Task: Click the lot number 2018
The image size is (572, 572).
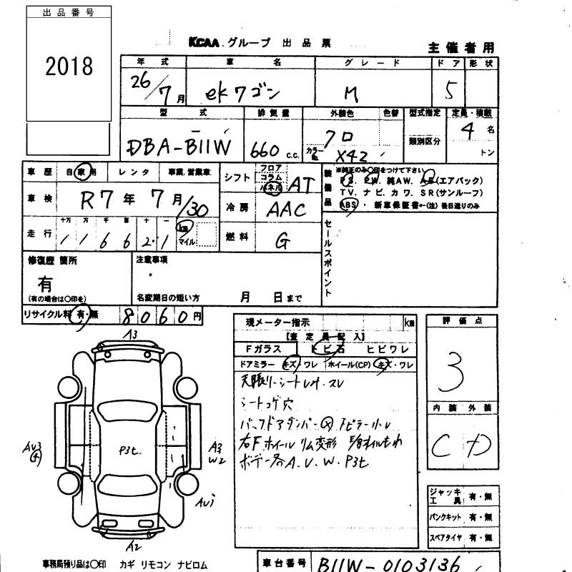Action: point(69,66)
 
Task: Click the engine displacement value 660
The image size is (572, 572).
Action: point(264,147)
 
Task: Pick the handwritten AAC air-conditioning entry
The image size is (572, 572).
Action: point(285,210)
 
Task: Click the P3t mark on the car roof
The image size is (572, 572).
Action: point(132,450)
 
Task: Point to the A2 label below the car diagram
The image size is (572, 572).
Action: point(132,547)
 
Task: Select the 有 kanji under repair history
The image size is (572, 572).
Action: point(44,284)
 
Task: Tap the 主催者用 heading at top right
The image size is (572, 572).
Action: point(461,48)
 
